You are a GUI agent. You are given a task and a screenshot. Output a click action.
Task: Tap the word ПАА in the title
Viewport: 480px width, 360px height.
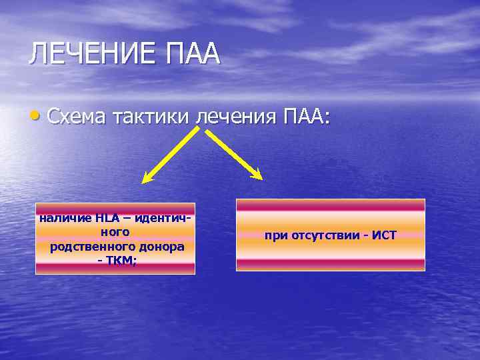pyautogui.click(x=195, y=54)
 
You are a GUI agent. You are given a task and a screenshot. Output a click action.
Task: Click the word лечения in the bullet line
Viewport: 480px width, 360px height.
pyautogui.click(x=234, y=117)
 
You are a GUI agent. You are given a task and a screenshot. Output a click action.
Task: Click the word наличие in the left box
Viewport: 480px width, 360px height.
pyautogui.click(x=65, y=217)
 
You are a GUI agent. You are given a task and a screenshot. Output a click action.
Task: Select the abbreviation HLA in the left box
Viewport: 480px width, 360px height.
pyautogui.click(x=107, y=217)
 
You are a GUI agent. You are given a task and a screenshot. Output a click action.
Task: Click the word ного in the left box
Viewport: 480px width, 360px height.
pyautogui.click(x=115, y=232)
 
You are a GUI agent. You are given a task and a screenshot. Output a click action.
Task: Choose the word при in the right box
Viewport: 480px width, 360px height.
pyautogui.click(x=274, y=235)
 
